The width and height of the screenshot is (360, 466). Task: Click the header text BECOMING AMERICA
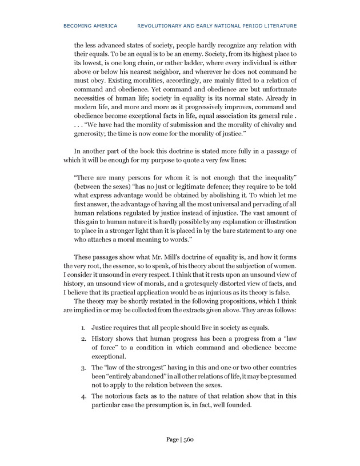tap(91, 26)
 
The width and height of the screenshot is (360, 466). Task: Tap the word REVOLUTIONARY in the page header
tap(160, 26)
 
